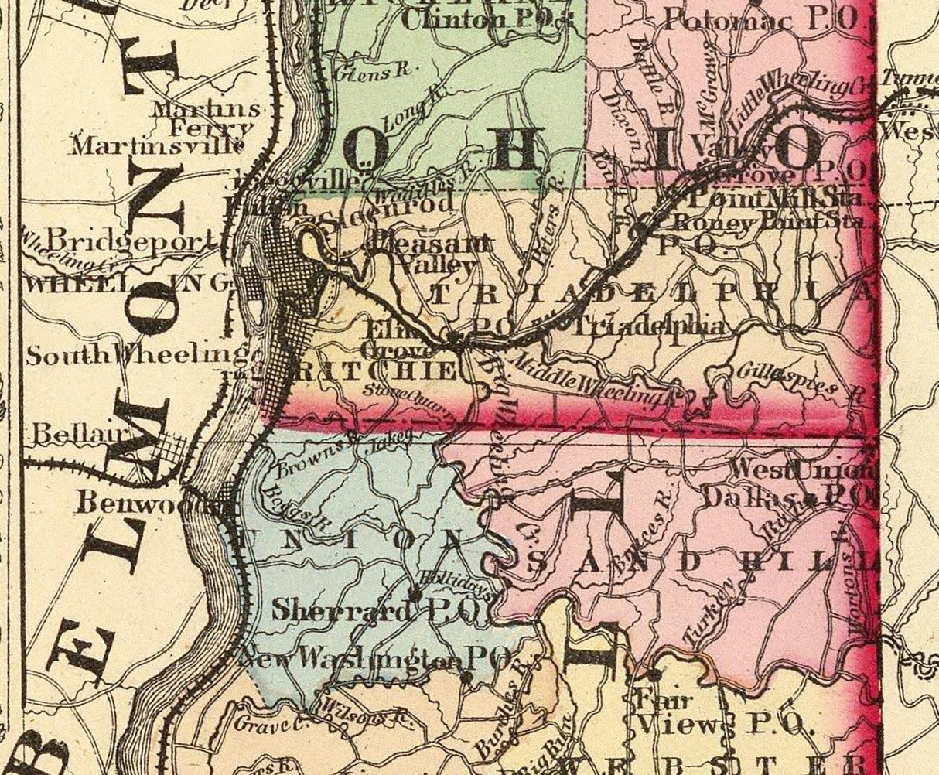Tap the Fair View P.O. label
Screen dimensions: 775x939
point(724,713)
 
